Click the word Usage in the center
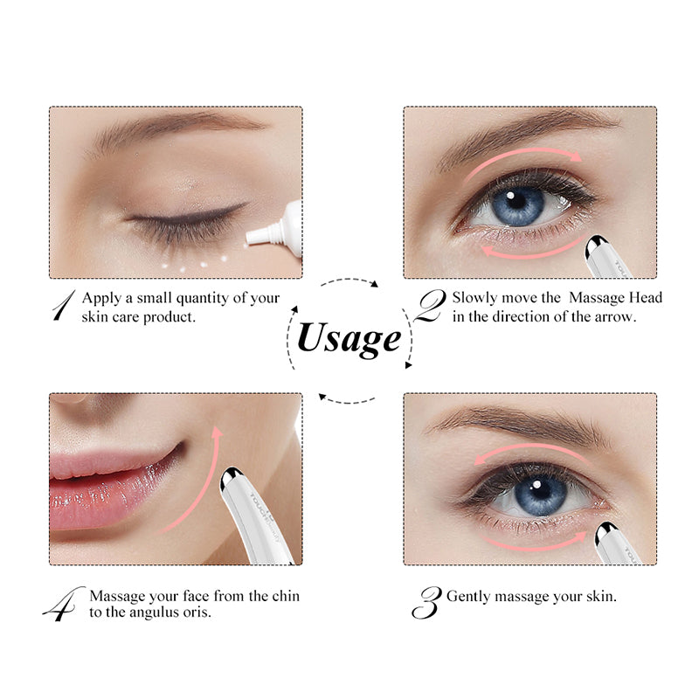coord(349,339)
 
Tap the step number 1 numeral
coord(64,305)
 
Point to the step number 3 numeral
coord(426,602)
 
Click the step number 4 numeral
coord(64,604)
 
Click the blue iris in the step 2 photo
coord(518,205)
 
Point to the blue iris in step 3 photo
coord(540,494)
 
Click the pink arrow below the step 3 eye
coord(534,546)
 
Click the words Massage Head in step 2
coord(615,297)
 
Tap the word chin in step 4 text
coord(286,596)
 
